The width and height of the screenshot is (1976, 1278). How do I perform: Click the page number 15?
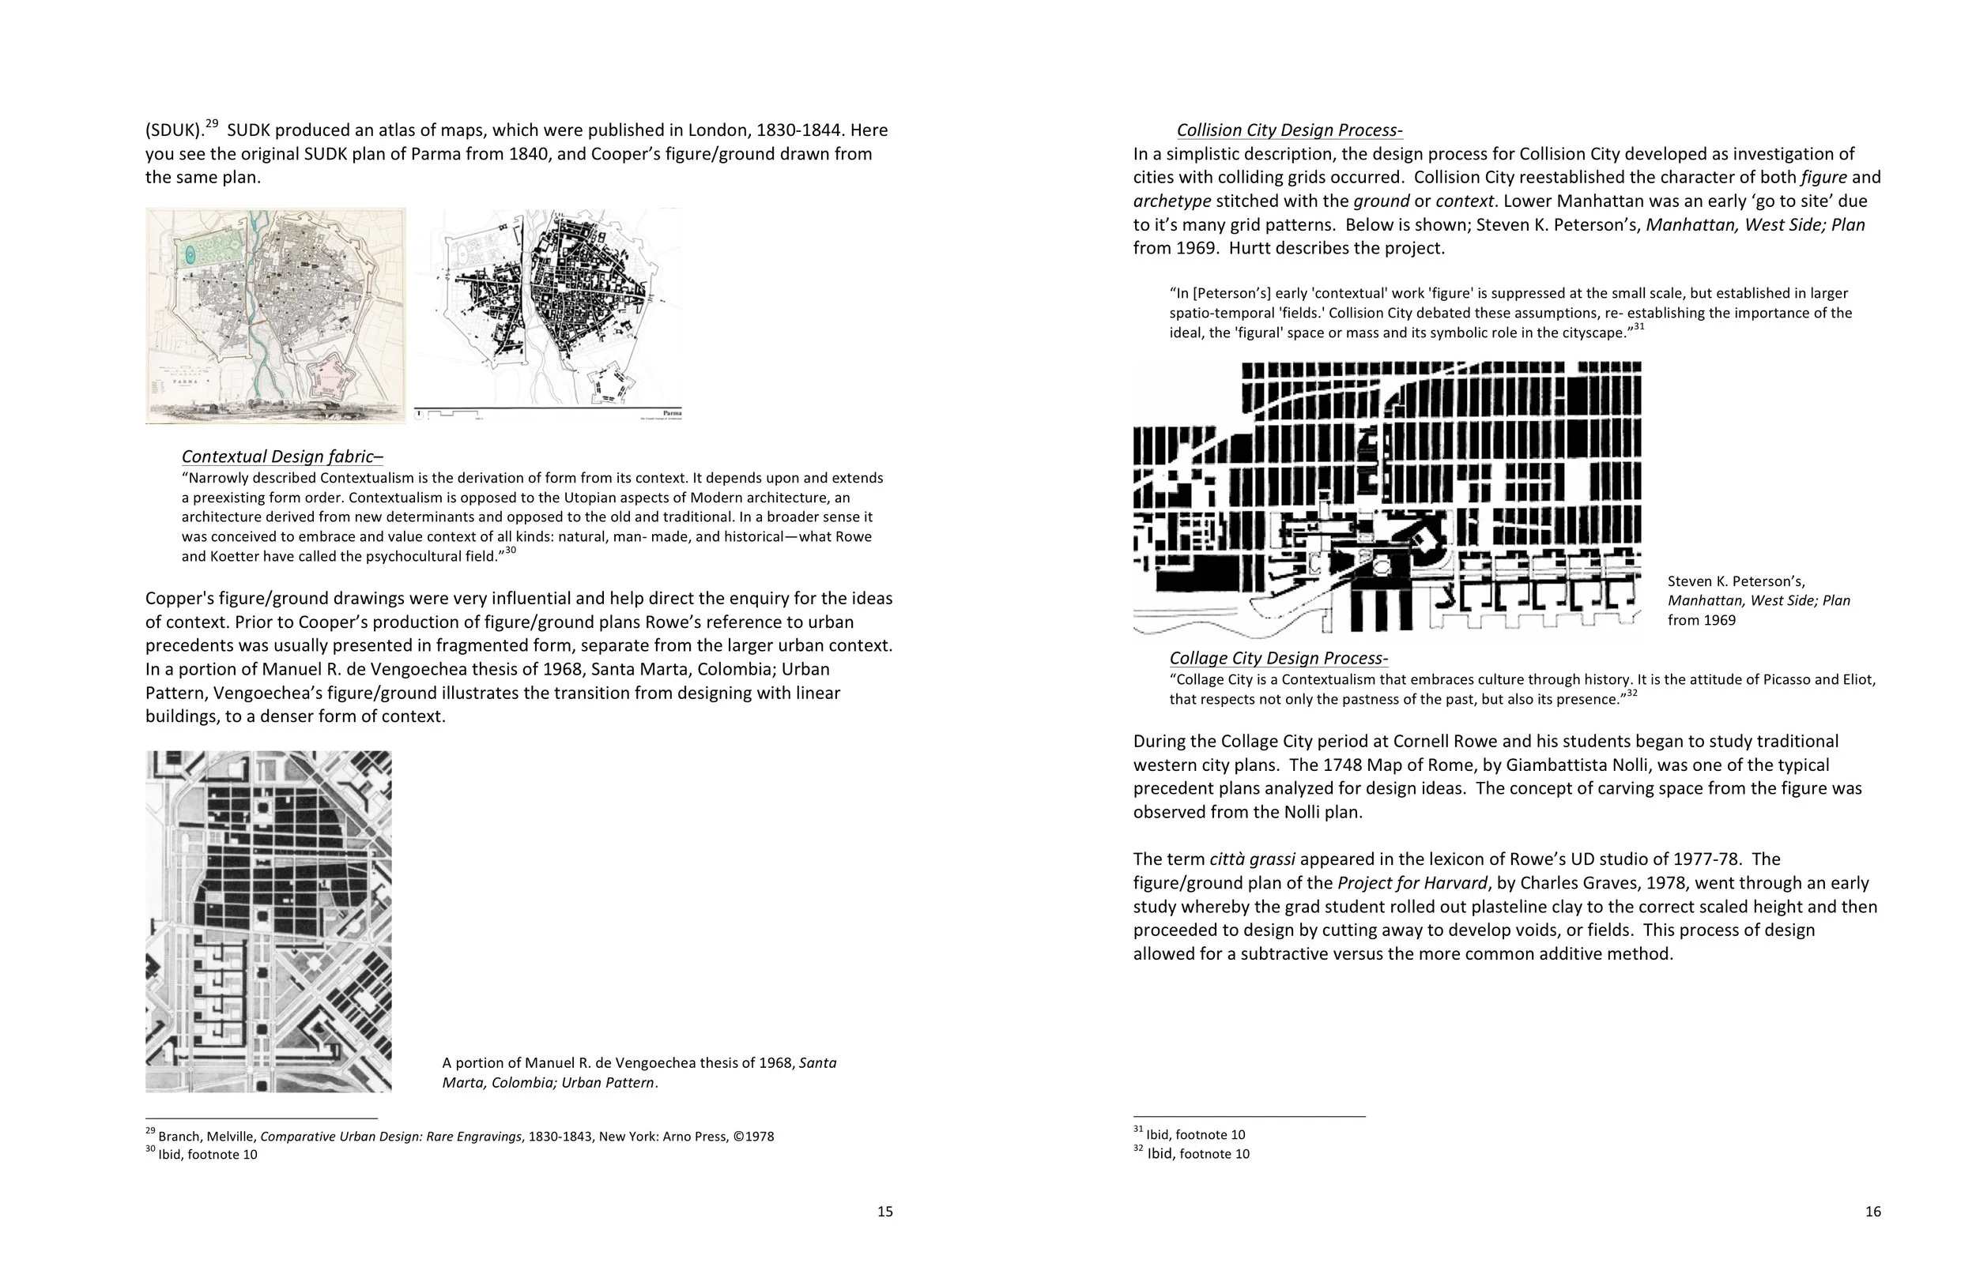tap(885, 1212)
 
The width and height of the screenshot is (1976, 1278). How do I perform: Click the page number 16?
tap(1873, 1212)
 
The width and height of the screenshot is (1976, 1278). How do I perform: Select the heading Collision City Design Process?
tap(1288, 130)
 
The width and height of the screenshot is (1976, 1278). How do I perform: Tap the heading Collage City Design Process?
tap(1278, 658)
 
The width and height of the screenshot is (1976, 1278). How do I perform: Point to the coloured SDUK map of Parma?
tap(276, 315)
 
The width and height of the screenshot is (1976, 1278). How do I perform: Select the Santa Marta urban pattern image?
tap(268, 921)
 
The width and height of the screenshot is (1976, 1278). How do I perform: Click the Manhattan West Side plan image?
tap(1386, 498)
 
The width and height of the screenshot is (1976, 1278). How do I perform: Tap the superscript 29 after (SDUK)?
tap(213, 124)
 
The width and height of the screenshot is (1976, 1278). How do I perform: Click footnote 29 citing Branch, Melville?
tap(465, 1136)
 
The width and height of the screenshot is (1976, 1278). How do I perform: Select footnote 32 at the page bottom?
tap(1197, 1153)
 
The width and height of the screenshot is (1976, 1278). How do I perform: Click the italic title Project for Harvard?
tap(1412, 883)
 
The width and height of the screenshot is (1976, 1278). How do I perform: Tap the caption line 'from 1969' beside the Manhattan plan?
tap(1701, 620)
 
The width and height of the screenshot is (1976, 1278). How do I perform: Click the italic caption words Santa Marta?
tap(817, 1063)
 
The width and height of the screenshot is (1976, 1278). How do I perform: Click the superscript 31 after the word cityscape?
tap(1638, 327)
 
